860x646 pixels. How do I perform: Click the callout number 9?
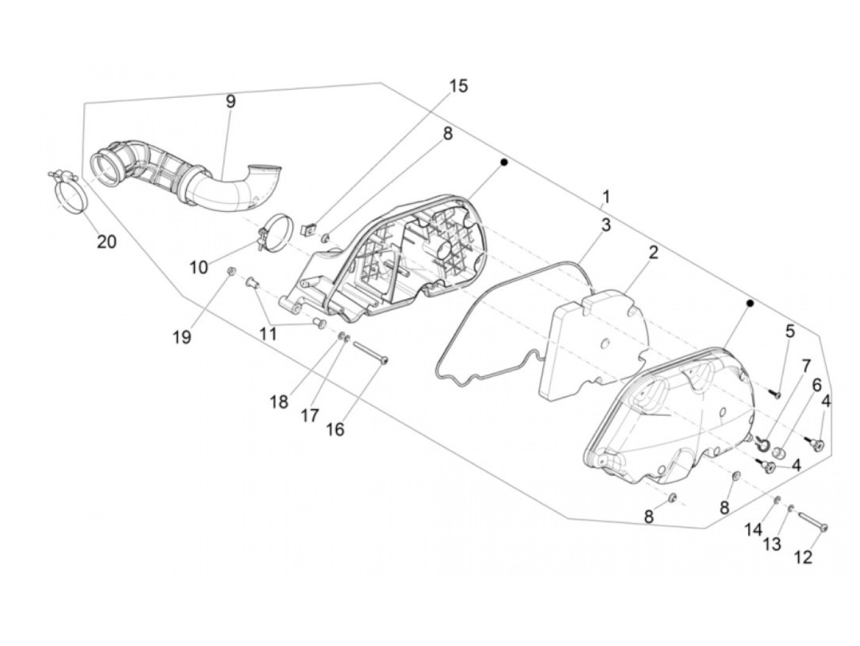pos(230,101)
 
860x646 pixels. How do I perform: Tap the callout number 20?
pos(106,241)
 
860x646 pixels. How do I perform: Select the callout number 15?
pos(458,86)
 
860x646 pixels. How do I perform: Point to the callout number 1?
pos(606,197)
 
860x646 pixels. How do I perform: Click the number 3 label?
pos(606,225)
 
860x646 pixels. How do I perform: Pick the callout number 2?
pos(653,252)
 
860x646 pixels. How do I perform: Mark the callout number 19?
pos(182,337)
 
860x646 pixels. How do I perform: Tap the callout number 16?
pos(335,429)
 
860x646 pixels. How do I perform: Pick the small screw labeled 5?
pos(775,392)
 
